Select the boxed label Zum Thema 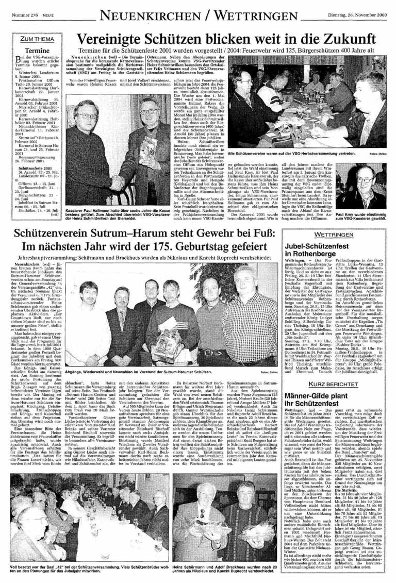(33, 40)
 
